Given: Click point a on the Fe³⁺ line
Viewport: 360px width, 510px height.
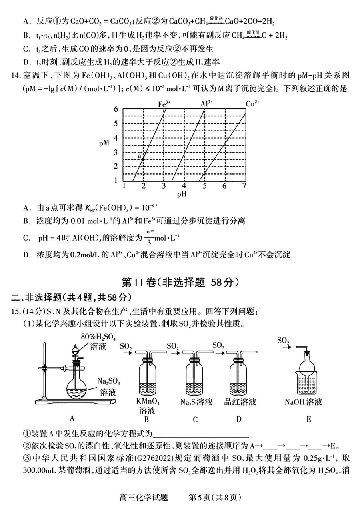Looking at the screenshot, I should pyautogui.click(x=143, y=159).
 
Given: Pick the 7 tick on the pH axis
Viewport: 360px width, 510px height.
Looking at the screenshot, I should pyautogui.click(x=244, y=186).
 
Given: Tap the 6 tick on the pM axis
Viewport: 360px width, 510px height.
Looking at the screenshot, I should pyautogui.click(x=116, y=109).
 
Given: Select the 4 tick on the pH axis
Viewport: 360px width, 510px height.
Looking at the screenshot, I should pyautogui.click(x=184, y=186).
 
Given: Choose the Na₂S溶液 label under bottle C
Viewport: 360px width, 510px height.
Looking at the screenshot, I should pyautogui.click(x=196, y=402).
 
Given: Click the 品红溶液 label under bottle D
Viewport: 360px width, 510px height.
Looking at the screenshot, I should pyautogui.click(x=240, y=402).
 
